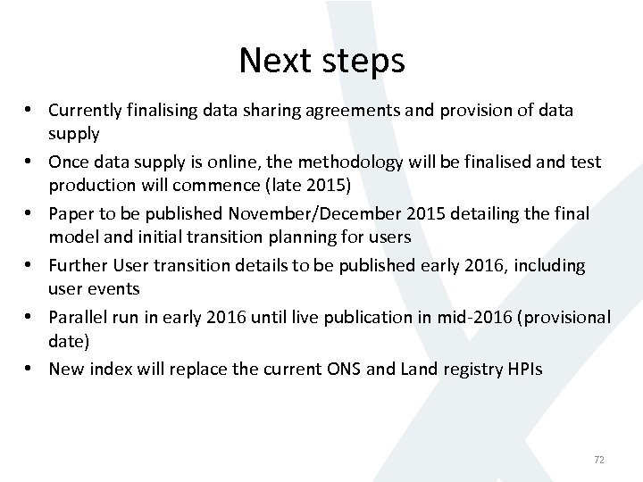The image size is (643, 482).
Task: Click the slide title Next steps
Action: click(x=321, y=61)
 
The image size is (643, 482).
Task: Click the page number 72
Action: click(x=599, y=460)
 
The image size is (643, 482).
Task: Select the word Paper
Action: click(x=71, y=214)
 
